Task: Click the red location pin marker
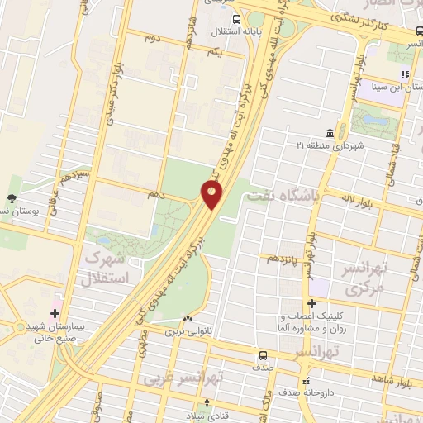[211, 195]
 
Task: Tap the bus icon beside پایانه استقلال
[237, 20]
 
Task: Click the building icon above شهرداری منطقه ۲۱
[330, 133]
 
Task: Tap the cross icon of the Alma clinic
[312, 303]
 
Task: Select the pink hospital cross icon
[55, 313]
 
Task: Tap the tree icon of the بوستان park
[12, 198]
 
